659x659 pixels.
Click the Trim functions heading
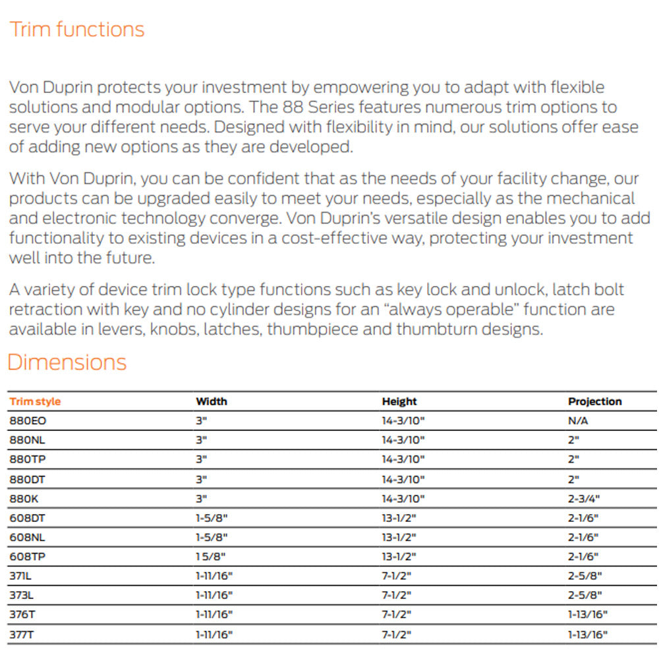[76, 30]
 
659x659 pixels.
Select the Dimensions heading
[67, 362]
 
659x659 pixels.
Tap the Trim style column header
[35, 401]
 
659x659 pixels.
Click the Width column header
[212, 401]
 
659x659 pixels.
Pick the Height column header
[399, 401]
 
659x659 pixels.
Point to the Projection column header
[594, 401]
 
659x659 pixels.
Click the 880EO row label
[28, 420]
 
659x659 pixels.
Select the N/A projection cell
[578, 420]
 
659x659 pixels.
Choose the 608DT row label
[28, 518]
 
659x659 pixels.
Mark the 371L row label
[22, 575]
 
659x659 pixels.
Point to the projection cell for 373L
[585, 595]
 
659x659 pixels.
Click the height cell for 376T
[397, 614]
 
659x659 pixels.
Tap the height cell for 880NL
[403, 440]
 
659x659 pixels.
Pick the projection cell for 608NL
[583, 537]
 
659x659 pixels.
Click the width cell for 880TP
[201, 459]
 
